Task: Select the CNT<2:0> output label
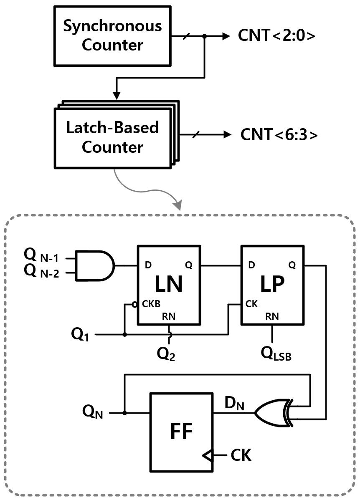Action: (x=276, y=37)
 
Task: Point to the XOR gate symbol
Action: (x=271, y=413)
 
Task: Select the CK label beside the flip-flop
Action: (x=241, y=455)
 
